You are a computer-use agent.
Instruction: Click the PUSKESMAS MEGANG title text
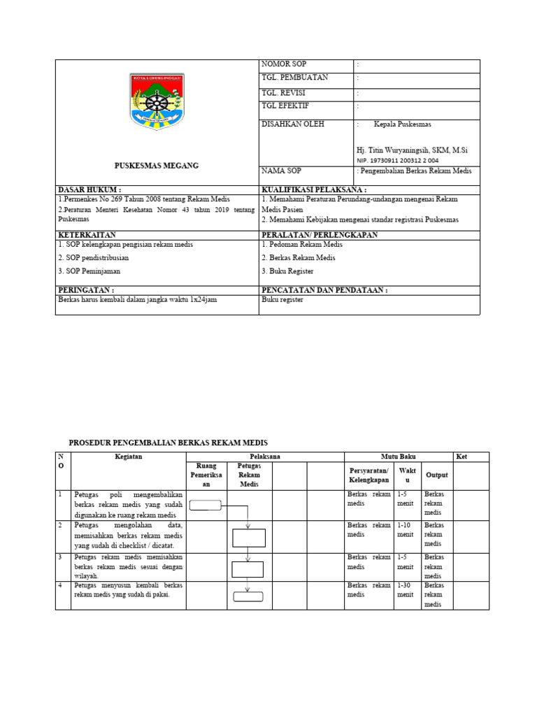click(x=157, y=166)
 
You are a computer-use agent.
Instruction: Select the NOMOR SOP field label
click(x=284, y=64)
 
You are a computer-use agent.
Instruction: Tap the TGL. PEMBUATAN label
click(x=294, y=78)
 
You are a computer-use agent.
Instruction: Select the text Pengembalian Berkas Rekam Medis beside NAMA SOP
click(x=416, y=171)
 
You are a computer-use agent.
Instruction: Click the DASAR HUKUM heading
click(x=89, y=189)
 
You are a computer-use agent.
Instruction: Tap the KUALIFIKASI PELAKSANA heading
click(x=314, y=189)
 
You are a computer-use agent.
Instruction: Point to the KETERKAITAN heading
click(x=87, y=235)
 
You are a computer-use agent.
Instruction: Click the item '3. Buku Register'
click(x=288, y=271)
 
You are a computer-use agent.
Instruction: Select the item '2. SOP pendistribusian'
click(x=94, y=257)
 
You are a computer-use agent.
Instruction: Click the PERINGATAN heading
click(x=86, y=289)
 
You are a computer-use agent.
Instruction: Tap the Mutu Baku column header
click(x=398, y=457)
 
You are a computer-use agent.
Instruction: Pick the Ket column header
click(x=461, y=457)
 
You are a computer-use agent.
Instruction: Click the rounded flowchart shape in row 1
click(x=205, y=506)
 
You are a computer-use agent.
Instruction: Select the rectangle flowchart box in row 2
click(x=248, y=537)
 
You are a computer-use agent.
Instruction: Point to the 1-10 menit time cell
click(x=406, y=529)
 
